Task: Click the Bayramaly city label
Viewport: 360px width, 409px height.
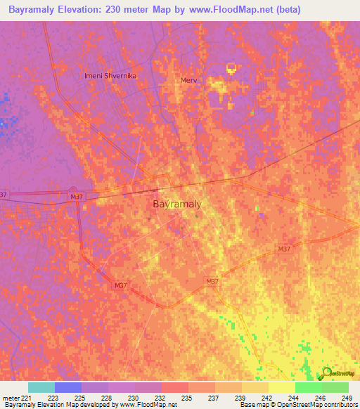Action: pos(177,204)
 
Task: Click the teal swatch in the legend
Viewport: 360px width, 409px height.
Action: pos(41,387)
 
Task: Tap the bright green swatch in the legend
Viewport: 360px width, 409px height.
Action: pos(308,387)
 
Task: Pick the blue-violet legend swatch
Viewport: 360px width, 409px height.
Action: pos(68,387)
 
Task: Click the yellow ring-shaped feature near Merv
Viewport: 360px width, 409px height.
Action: pos(231,69)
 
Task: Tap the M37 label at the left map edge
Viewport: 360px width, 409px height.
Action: pos(4,195)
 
